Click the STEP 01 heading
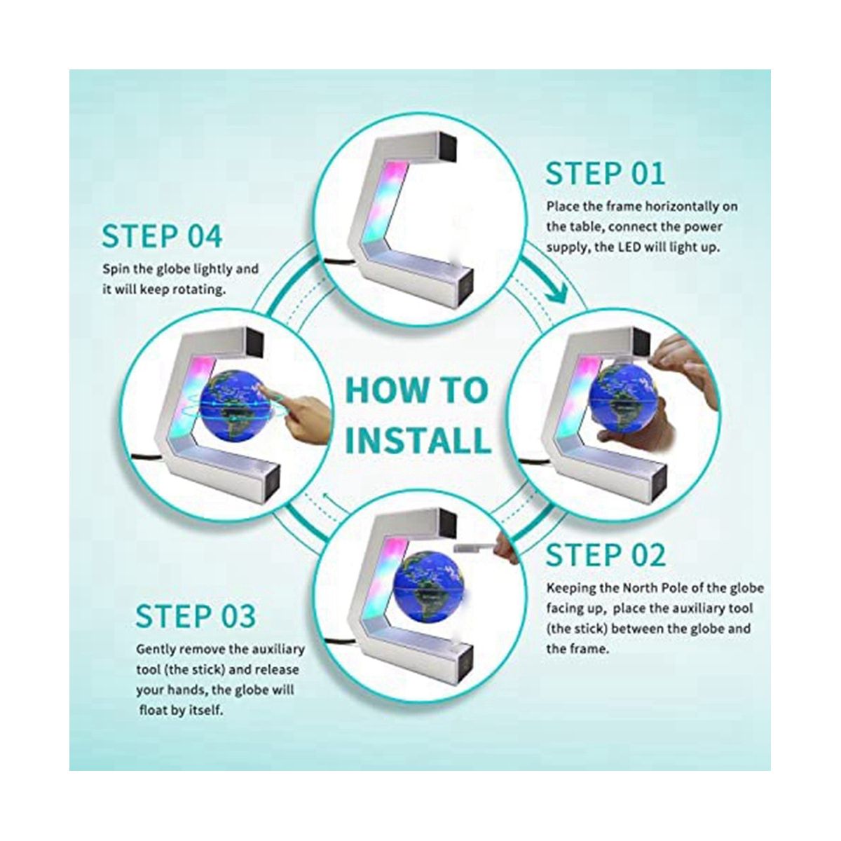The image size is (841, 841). (606, 174)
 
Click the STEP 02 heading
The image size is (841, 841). (606, 555)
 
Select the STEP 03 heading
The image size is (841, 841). (196, 616)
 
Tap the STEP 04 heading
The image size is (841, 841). (162, 236)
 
